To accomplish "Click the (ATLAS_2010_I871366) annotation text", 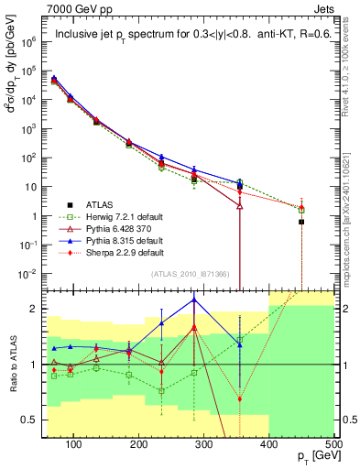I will click(x=195, y=274).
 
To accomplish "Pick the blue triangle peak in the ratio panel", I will click(x=194, y=300).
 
